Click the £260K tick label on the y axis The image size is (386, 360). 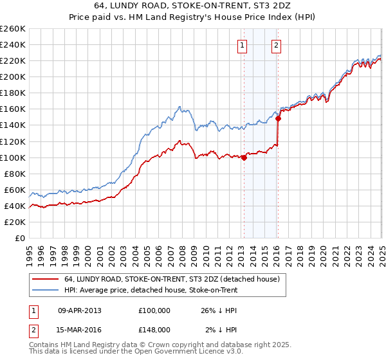pos(13,29)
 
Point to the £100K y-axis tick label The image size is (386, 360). pos(13,157)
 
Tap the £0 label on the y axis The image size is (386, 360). pos(21,238)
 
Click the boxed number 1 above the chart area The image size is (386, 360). pos(242,46)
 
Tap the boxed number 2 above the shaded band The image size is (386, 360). pos(276,46)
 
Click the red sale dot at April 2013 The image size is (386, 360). pos(244,157)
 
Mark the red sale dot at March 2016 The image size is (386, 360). pos(278,118)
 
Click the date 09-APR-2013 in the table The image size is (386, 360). pos(80,310)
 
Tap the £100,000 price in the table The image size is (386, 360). pos(154,310)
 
